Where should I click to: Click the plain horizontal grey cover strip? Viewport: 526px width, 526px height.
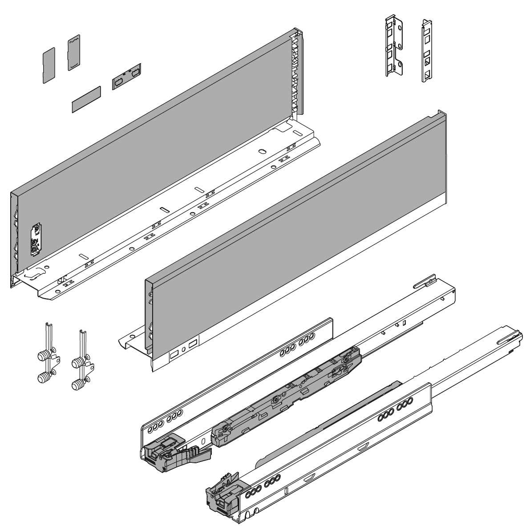pos(86,99)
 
